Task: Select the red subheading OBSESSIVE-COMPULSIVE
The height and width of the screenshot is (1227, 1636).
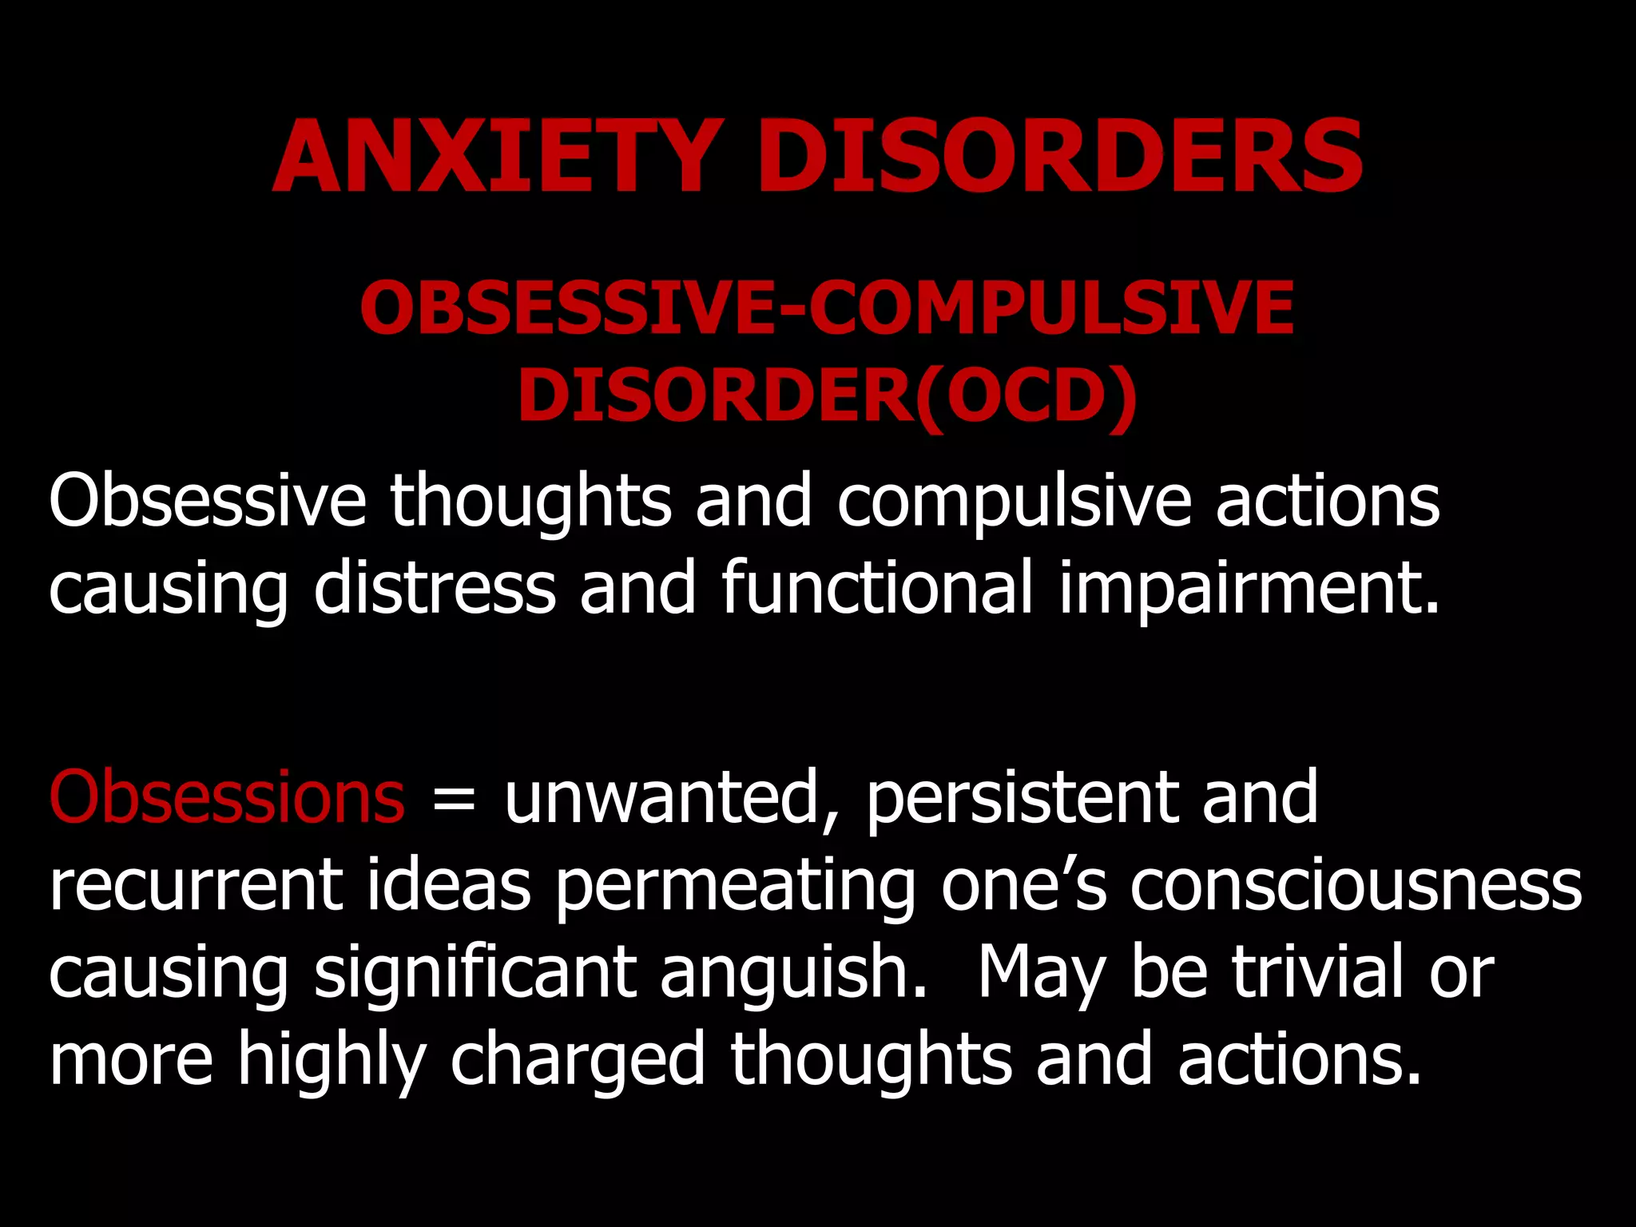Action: click(827, 308)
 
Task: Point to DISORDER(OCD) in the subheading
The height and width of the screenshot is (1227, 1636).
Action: click(827, 395)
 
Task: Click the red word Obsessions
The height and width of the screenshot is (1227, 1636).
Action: click(227, 796)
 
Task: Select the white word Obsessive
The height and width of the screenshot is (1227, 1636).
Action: click(207, 501)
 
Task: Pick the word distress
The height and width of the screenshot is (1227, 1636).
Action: click(435, 588)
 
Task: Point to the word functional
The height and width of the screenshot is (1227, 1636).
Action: click(877, 588)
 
